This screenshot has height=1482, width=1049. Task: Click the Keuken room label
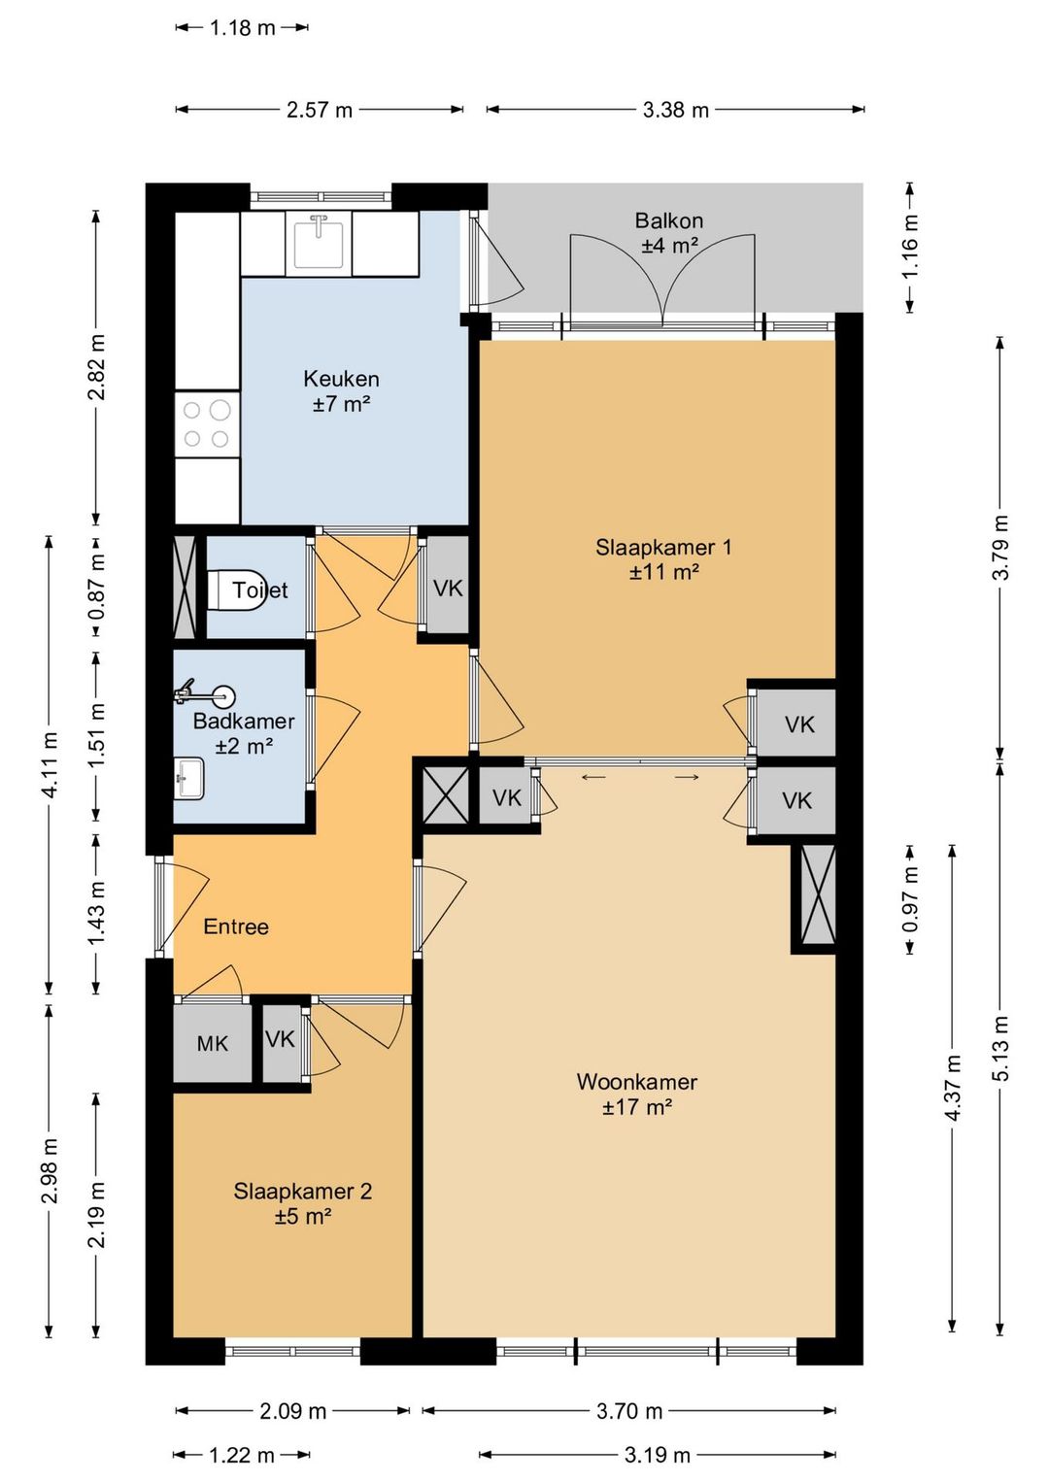point(341,379)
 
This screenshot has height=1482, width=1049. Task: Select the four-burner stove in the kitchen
point(206,424)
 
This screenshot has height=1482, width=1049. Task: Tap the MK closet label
point(213,1043)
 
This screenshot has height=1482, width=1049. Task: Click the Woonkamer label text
point(636,1082)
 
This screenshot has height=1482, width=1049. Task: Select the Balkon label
point(668,220)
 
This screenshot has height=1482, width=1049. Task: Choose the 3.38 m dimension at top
point(675,110)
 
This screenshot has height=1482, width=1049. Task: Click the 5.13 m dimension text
point(1002,1047)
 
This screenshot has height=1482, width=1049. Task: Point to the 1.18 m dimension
point(242,28)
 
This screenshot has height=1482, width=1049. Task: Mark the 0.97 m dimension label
point(911,898)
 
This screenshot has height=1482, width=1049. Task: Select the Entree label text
point(236,926)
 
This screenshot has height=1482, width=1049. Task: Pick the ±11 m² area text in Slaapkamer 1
point(663,572)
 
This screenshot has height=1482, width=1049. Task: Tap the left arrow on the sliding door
point(593,777)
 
